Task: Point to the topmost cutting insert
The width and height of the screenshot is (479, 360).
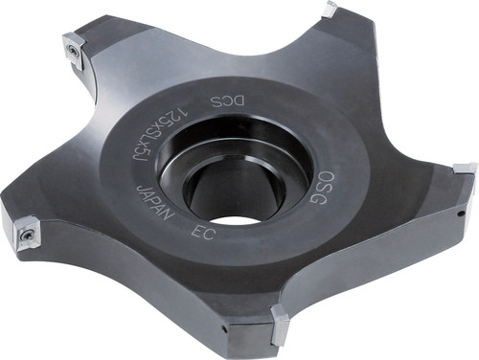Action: pyautogui.click(x=331, y=10)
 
